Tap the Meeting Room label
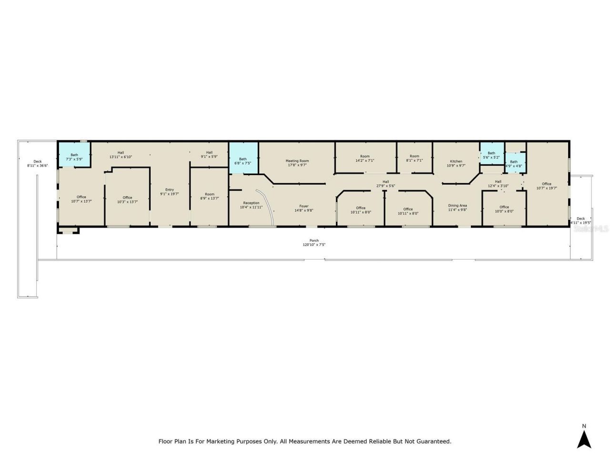point(297,161)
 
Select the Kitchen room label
point(456,161)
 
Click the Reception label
point(251,203)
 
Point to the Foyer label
point(304,206)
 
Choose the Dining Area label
point(457,206)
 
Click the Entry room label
point(170,189)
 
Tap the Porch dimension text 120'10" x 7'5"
point(314,245)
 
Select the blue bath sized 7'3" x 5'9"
point(74,154)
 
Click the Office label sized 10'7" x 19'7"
point(546,184)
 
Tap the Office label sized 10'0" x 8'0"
point(504,207)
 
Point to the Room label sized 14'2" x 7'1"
point(365,156)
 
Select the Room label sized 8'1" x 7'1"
point(415,156)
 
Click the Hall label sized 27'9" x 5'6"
point(386,181)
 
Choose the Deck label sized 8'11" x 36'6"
point(38,161)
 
